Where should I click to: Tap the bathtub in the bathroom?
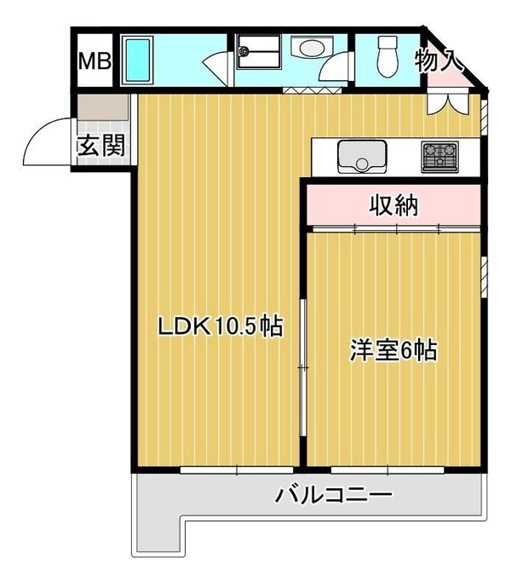point(136,60)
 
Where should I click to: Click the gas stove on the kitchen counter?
point(439,156)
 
